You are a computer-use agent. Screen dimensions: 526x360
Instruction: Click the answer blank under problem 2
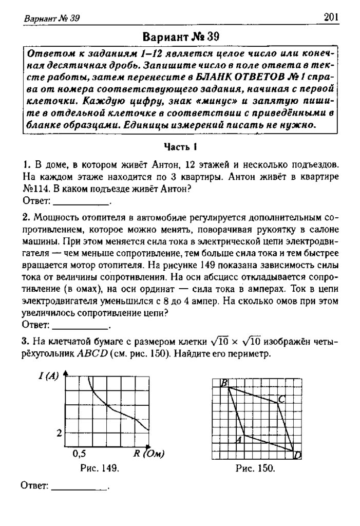point(81,325)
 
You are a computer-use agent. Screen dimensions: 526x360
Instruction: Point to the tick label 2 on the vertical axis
point(59,433)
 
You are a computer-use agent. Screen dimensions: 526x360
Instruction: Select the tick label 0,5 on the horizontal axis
point(80,454)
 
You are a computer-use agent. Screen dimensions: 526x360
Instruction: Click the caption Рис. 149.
point(100,468)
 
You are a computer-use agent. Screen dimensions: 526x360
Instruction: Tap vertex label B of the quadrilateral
point(224,383)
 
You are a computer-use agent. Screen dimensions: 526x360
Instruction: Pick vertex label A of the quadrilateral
point(238,440)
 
